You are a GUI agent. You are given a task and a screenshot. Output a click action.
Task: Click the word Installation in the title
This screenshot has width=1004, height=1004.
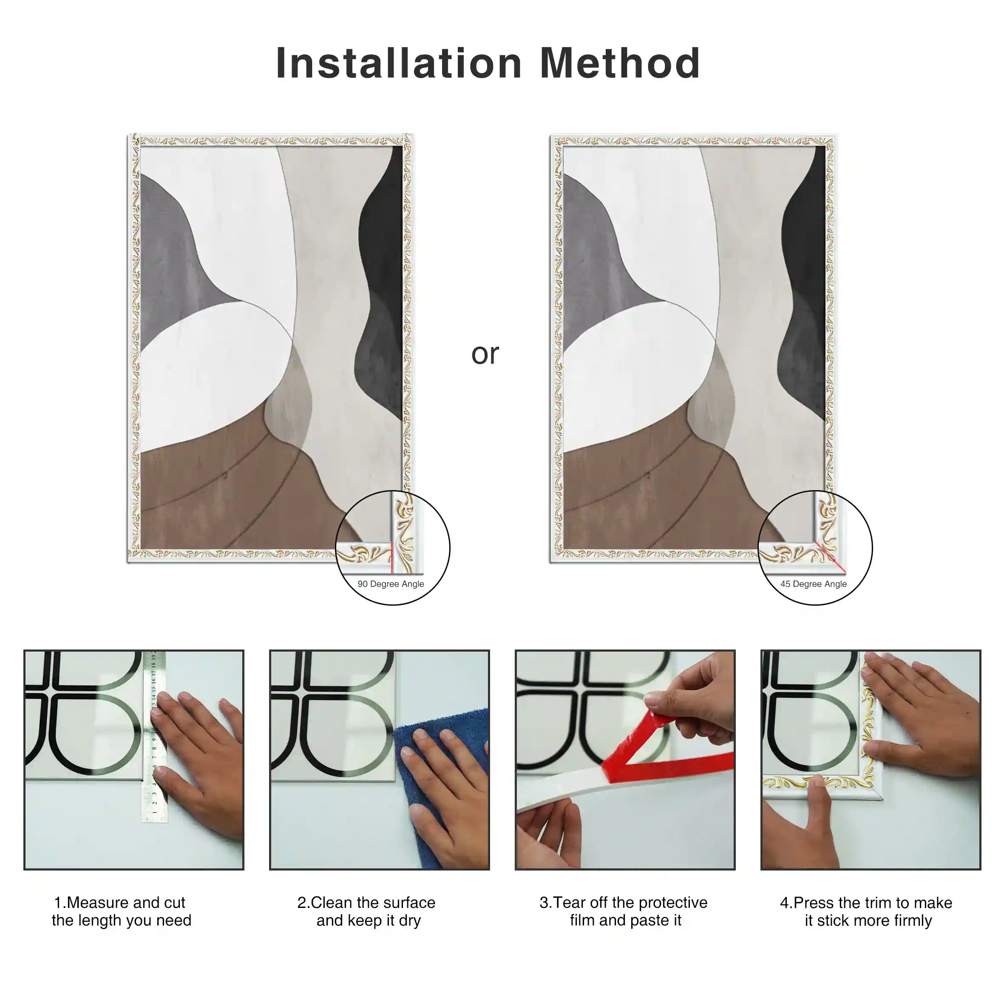[399, 63]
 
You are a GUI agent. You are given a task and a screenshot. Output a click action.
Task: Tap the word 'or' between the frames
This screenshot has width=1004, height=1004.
[485, 355]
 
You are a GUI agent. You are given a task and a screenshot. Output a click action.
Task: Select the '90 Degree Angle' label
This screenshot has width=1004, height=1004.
[391, 584]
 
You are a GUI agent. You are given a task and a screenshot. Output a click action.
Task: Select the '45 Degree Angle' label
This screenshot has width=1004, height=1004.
[813, 584]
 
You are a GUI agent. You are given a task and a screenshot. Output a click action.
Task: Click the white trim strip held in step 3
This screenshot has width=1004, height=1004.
[551, 790]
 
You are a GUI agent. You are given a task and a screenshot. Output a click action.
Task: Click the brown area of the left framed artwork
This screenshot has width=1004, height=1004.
[208, 499]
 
